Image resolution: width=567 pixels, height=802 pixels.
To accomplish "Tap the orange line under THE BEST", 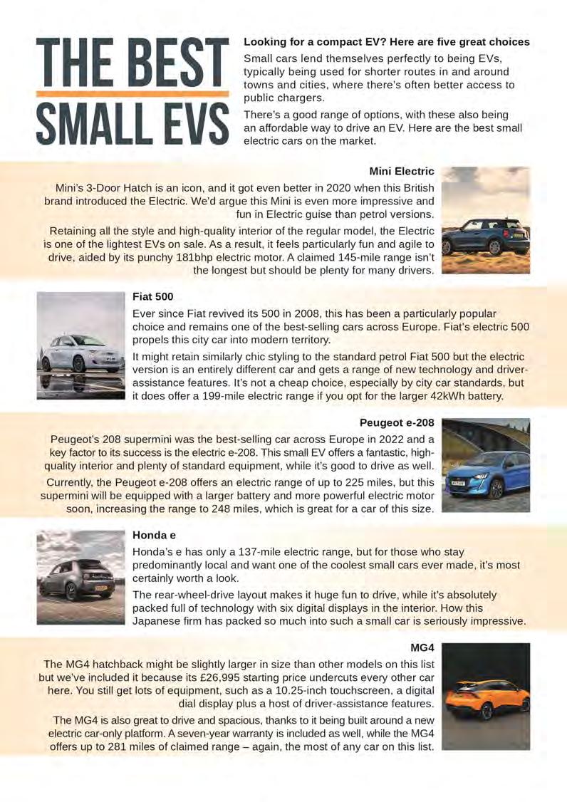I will pyautogui.click(x=132, y=93).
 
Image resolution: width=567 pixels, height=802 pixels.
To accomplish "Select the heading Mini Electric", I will pyautogui.click(x=402, y=171).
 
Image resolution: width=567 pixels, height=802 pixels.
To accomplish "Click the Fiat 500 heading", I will pyautogui.click(x=153, y=296).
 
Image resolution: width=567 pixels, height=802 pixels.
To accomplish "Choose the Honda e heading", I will pyautogui.click(x=154, y=534).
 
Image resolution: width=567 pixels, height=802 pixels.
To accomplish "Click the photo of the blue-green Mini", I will pyautogui.click(x=485, y=220).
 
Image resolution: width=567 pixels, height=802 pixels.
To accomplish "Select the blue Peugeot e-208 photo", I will pyautogui.click(x=485, y=465).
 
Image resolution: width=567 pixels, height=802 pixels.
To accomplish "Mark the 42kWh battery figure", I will pyautogui.click(x=448, y=396).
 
